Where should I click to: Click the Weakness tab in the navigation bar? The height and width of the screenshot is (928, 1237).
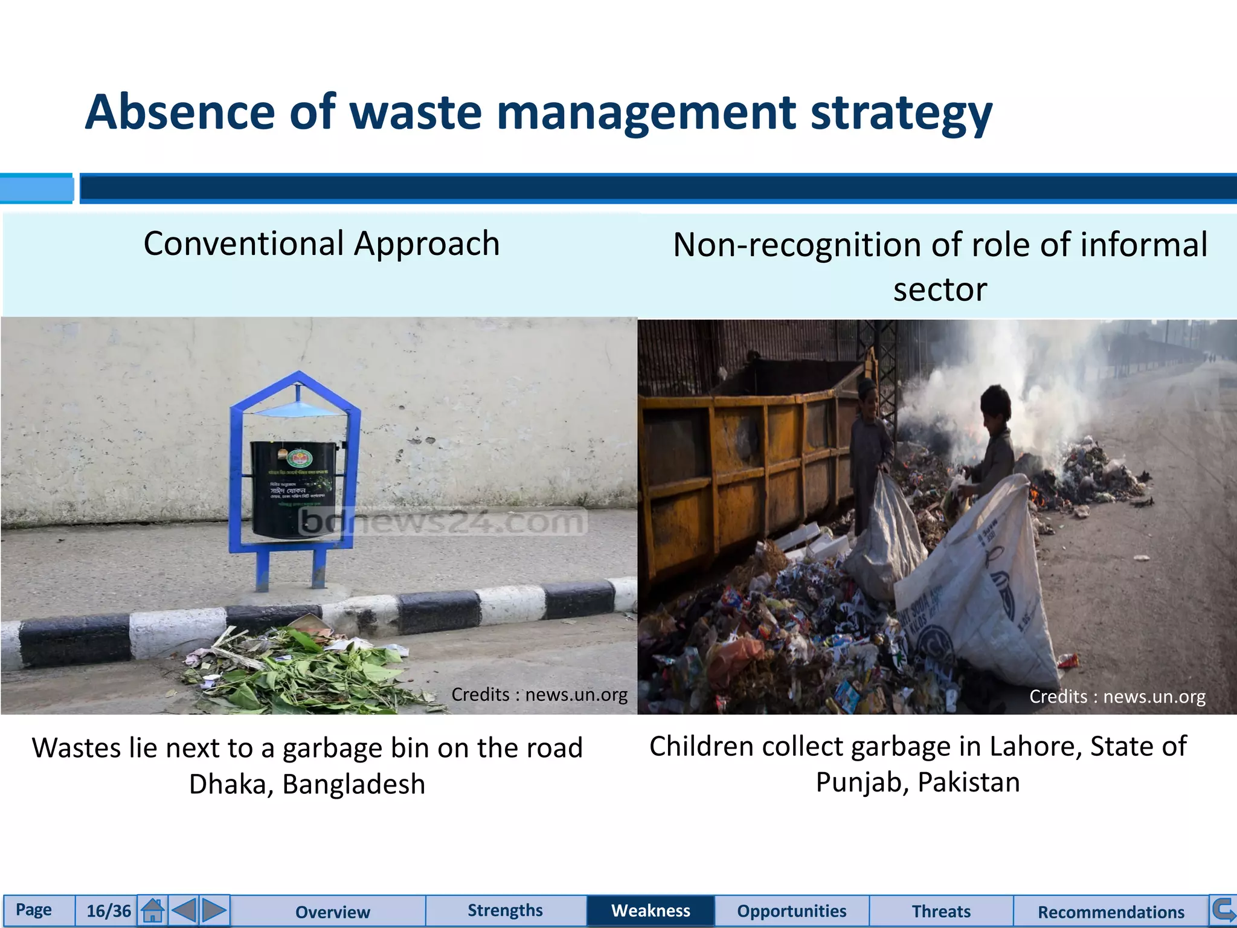click(x=651, y=910)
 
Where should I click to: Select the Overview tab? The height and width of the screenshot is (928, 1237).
click(x=332, y=912)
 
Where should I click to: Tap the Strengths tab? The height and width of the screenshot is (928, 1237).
click(x=505, y=910)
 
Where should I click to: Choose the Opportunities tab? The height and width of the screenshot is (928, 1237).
click(x=791, y=911)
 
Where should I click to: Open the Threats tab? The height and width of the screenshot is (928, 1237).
click(x=940, y=911)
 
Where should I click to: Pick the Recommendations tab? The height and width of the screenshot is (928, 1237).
click(x=1111, y=912)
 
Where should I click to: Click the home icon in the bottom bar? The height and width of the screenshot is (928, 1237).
click(x=153, y=910)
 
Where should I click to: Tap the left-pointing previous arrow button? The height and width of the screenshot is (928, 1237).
click(x=184, y=910)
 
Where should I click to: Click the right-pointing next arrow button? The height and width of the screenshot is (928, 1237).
click(x=214, y=910)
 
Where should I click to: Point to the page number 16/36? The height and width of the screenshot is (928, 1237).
click(x=109, y=911)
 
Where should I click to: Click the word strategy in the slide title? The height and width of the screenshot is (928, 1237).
click(x=901, y=113)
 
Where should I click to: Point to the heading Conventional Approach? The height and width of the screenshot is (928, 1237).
click(x=321, y=243)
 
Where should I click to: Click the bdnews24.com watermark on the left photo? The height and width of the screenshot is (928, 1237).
click(x=444, y=521)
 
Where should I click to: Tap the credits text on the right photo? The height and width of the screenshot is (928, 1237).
click(x=1117, y=697)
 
